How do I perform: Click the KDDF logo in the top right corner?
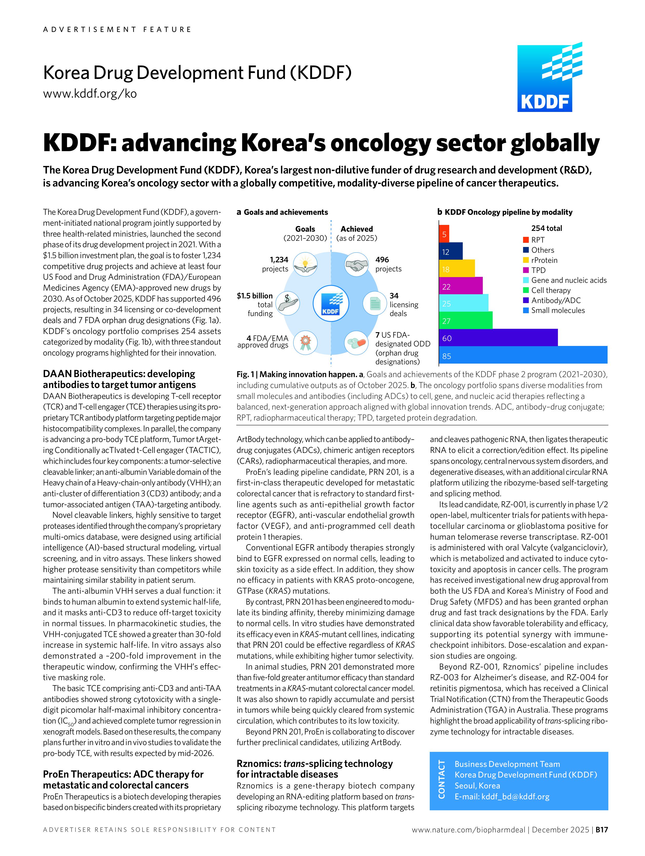click(x=549, y=77)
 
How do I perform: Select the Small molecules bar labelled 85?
click(x=523, y=355)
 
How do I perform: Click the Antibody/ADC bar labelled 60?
click(x=498, y=337)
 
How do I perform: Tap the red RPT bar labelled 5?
click(x=444, y=234)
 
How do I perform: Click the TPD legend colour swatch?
click(x=526, y=270)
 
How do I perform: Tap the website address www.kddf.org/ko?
click(x=90, y=94)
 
